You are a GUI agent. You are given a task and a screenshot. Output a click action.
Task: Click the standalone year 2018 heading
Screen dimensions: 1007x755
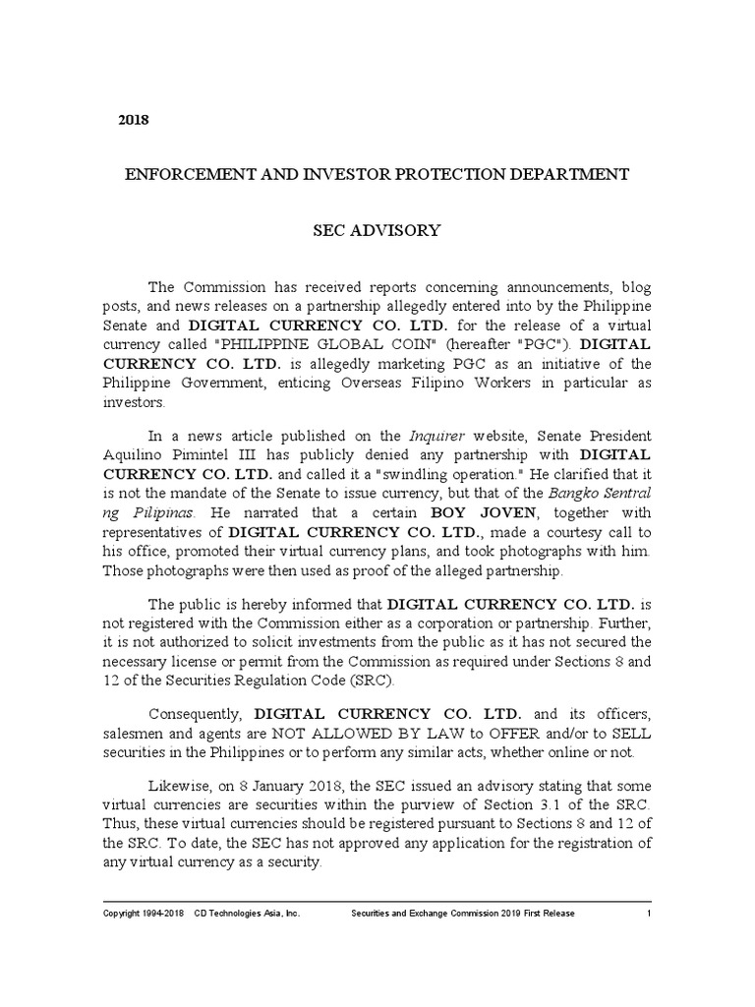pyautogui.click(x=133, y=120)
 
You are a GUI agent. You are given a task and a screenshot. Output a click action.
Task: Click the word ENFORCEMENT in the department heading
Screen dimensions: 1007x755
pyautogui.click(x=184, y=175)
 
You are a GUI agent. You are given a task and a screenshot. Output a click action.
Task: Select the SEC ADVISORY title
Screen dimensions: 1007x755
pyautogui.click(x=376, y=231)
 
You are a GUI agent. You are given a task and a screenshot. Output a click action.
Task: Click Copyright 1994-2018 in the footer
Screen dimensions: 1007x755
pyautogui.click(x=144, y=914)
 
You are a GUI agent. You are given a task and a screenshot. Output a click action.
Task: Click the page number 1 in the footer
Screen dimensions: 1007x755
pyautogui.click(x=649, y=914)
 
